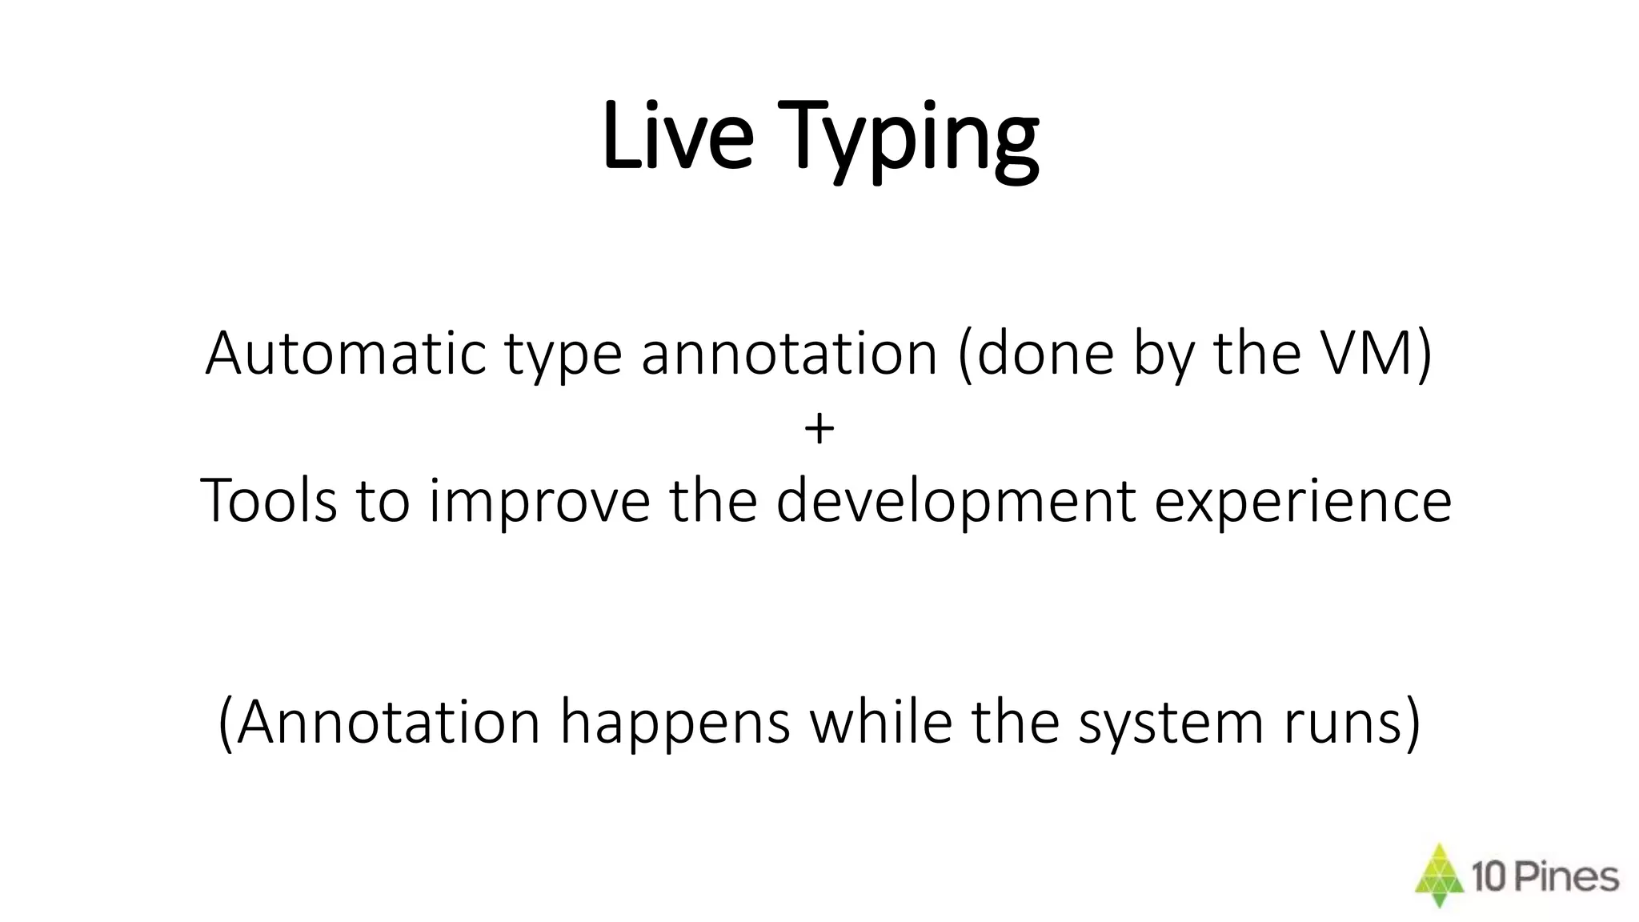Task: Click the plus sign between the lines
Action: point(819,429)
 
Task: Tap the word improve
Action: point(539,504)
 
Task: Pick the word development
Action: point(956,503)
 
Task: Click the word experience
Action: point(1302,504)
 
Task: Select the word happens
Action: point(675,725)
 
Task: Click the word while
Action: point(880,721)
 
